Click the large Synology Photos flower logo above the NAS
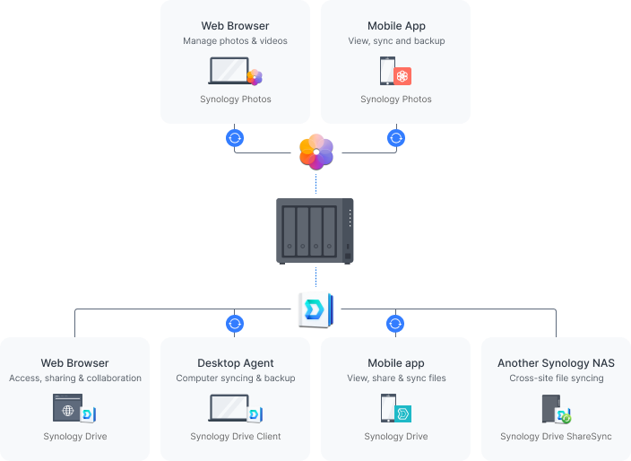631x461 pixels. (315, 151)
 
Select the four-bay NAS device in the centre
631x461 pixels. (315, 230)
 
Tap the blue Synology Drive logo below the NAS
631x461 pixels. (315, 309)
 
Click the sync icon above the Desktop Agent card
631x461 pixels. (235, 323)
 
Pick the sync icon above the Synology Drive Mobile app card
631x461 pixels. (395, 323)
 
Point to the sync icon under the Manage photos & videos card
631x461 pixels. (235, 138)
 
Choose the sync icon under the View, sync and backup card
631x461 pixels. (395, 138)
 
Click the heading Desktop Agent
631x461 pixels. (236, 363)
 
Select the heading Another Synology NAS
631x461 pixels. (556, 363)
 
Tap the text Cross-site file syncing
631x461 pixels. (556, 378)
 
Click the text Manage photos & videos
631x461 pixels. (235, 41)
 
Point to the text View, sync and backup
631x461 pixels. (396, 41)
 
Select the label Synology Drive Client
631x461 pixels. (236, 437)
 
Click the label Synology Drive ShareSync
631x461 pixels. (556, 437)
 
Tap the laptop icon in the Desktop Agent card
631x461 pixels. (229, 408)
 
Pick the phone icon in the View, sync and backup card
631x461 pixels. (388, 71)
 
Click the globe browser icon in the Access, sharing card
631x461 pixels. (67, 409)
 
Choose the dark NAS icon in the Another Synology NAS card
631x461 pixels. (550, 409)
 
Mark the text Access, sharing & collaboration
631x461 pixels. (75, 378)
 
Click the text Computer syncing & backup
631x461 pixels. (236, 378)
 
